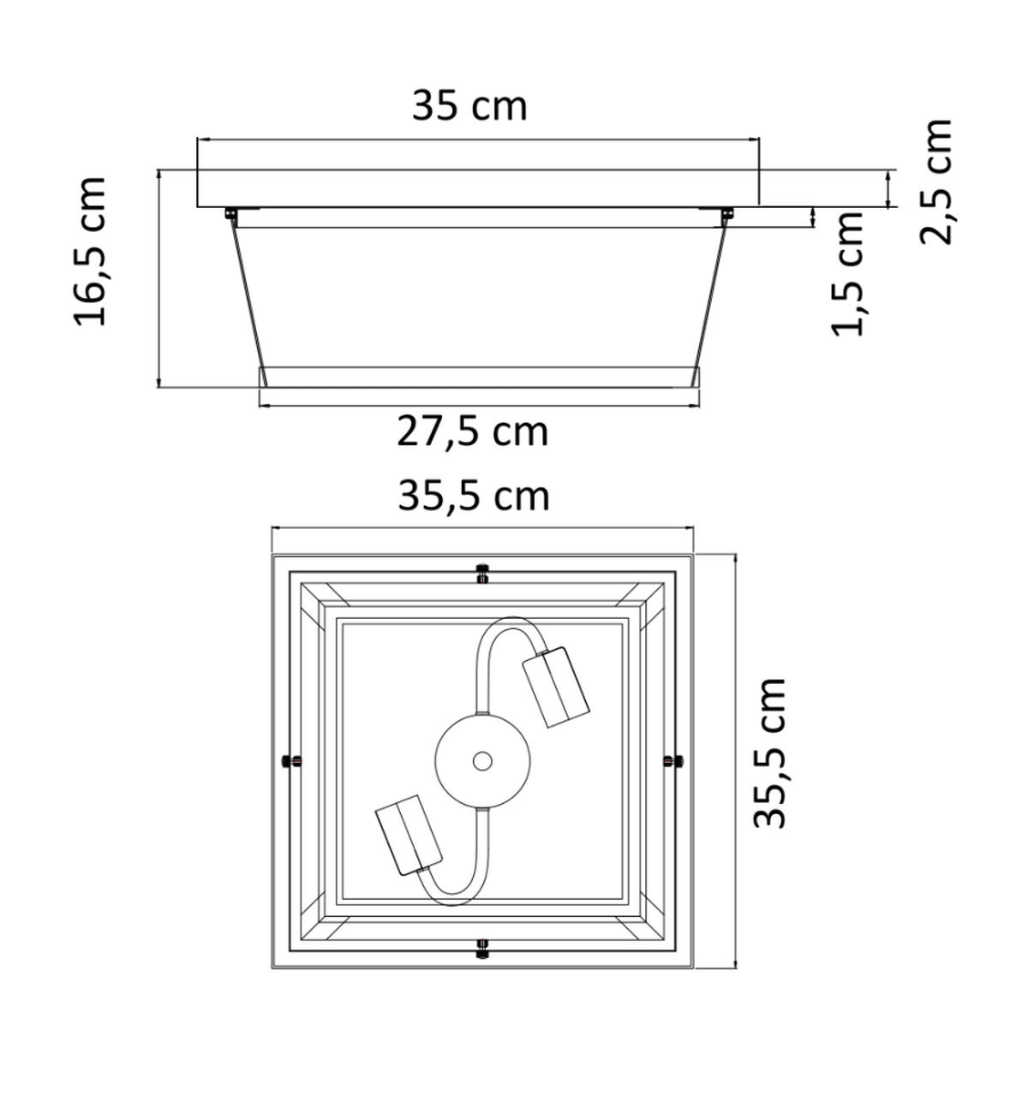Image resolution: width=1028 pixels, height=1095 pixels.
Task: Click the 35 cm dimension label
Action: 469,106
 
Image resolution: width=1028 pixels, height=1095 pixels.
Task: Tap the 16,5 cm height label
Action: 90,251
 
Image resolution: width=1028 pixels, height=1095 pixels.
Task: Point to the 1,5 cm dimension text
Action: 849,273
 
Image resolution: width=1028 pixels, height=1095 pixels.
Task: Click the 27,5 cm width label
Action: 472,431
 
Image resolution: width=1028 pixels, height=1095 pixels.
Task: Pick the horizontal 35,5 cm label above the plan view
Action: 473,496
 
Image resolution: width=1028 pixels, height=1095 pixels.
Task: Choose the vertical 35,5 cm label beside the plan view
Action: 768,753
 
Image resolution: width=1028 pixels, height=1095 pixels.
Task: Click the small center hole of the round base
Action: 482,760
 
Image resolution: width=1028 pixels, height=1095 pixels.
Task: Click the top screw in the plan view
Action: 482,572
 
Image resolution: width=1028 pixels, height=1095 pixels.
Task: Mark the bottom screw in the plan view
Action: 482,948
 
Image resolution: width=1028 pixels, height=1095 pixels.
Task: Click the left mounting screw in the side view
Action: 230,212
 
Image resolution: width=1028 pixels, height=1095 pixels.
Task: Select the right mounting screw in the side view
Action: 726,212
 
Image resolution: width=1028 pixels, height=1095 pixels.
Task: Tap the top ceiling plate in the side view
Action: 478,188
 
